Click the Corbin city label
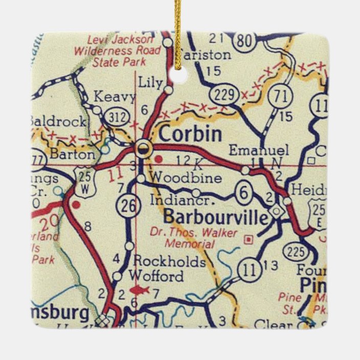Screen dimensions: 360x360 pos(190,134)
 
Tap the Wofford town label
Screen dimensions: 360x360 pos(156,277)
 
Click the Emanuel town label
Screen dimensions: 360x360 pos(258,150)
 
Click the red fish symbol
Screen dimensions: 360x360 pos(139,290)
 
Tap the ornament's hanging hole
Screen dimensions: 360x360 pos(179,75)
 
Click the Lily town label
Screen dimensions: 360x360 pos(150,81)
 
